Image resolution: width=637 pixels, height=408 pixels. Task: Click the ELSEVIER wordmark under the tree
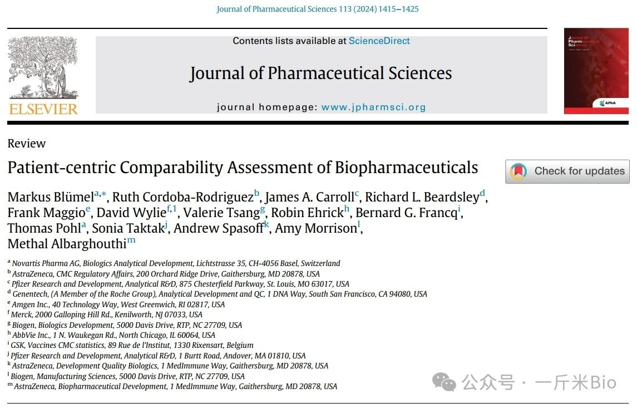[43, 108]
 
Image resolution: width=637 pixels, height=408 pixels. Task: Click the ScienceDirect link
[379, 41]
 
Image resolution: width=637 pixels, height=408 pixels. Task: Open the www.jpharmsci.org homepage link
[373, 107]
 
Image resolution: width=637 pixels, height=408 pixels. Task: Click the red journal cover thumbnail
[596, 71]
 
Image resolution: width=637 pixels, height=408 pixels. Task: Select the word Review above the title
[27, 144]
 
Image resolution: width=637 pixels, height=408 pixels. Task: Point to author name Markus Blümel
[50, 197]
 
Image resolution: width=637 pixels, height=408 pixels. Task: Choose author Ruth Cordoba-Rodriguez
[182, 197]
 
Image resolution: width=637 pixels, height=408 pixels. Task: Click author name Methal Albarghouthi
[67, 244]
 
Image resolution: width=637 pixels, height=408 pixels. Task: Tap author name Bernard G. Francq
[406, 213]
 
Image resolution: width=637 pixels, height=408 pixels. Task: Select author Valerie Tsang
[221, 213]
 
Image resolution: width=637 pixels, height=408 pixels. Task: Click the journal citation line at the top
[318, 9]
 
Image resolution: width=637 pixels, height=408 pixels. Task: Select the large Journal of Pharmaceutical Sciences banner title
[320, 73]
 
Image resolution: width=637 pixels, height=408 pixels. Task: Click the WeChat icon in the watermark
[445, 382]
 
